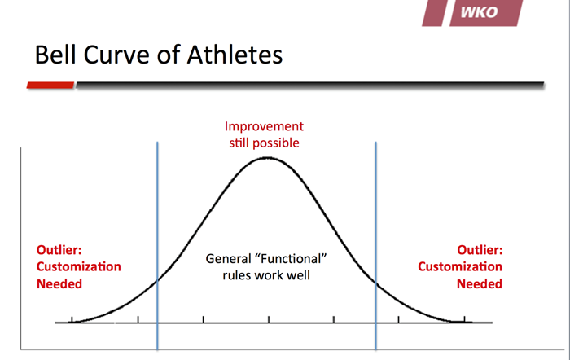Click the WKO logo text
point(479,12)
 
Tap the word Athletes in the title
point(235,55)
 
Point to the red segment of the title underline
point(50,85)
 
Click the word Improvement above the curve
point(264,126)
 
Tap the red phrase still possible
point(265,143)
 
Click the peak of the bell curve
point(267,158)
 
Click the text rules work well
point(266,275)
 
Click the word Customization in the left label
point(79,266)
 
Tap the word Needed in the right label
point(480,283)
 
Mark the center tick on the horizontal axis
point(269,319)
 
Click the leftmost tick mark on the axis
point(72,319)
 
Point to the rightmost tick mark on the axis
point(464,319)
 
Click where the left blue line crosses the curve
point(157,280)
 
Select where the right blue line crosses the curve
point(376,282)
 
